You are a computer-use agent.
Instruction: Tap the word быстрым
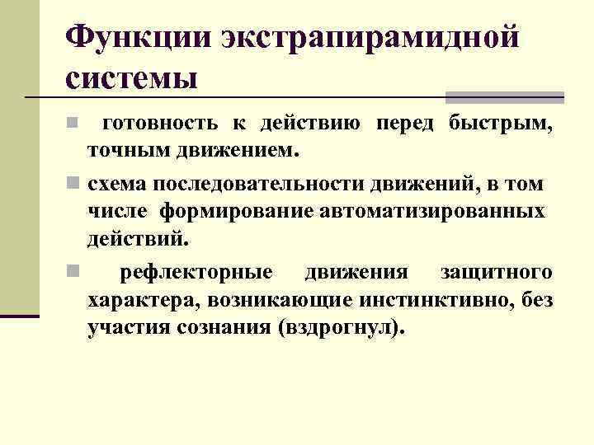point(501,124)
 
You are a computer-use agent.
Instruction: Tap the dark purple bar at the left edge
point(20,316)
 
